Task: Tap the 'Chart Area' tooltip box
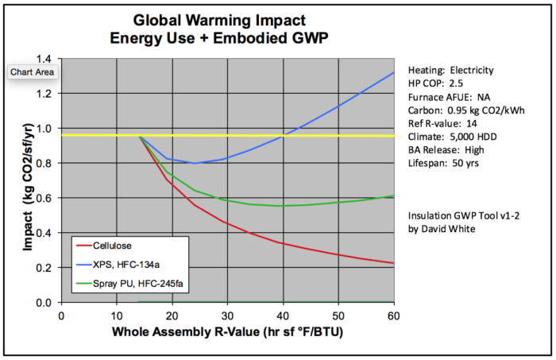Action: click(x=31, y=72)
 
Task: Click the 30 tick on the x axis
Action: click(x=228, y=315)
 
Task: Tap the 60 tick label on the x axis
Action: click(x=394, y=315)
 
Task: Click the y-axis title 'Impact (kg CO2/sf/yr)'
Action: click(x=29, y=180)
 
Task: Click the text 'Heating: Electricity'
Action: click(x=447, y=70)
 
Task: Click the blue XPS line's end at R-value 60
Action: click(x=394, y=72)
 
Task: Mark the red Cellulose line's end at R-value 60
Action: click(x=394, y=263)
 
